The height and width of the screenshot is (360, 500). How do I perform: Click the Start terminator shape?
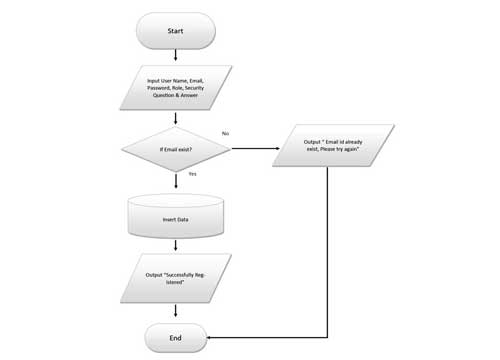[175, 31]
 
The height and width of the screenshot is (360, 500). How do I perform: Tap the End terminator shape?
[175, 337]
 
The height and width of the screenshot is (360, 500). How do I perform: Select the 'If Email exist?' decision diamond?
[175, 151]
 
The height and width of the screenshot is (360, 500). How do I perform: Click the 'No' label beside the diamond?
[225, 133]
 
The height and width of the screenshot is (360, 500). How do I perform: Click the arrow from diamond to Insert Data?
[175, 181]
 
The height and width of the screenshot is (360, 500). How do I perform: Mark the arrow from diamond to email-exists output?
[255, 151]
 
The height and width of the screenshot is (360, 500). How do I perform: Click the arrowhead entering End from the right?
[212, 337]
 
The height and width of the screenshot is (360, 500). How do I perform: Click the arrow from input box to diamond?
[175, 118]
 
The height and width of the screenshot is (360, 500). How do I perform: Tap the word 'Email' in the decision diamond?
[173, 151]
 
